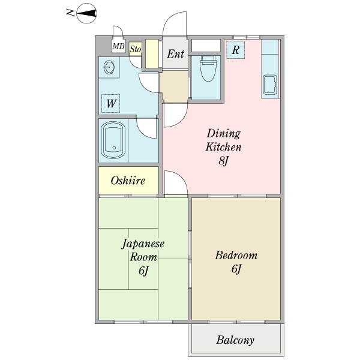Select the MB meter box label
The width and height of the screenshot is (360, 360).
click(119, 47)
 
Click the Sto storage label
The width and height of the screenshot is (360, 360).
click(135, 49)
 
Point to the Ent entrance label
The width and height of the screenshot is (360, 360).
click(175, 55)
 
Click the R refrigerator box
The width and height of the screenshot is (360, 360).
click(236, 50)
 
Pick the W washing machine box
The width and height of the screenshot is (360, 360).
click(111, 103)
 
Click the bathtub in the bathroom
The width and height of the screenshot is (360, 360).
click(113, 140)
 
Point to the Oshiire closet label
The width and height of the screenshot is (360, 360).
click(128, 181)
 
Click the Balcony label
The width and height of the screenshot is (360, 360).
click(235, 340)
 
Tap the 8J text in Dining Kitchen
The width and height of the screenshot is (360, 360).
click(224, 161)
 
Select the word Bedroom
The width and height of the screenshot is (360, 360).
click(236, 255)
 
